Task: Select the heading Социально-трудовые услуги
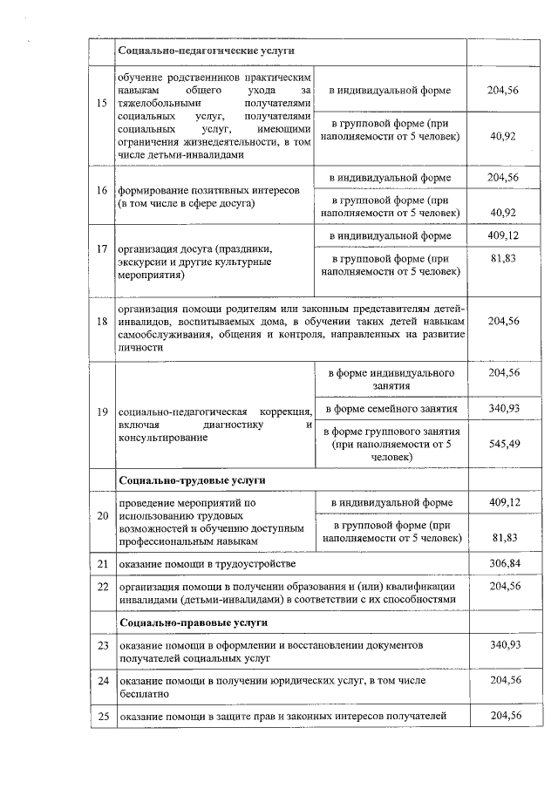[192, 480]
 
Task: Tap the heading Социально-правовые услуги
[193, 622]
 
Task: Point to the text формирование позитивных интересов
[208, 189]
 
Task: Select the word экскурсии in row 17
[143, 261]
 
